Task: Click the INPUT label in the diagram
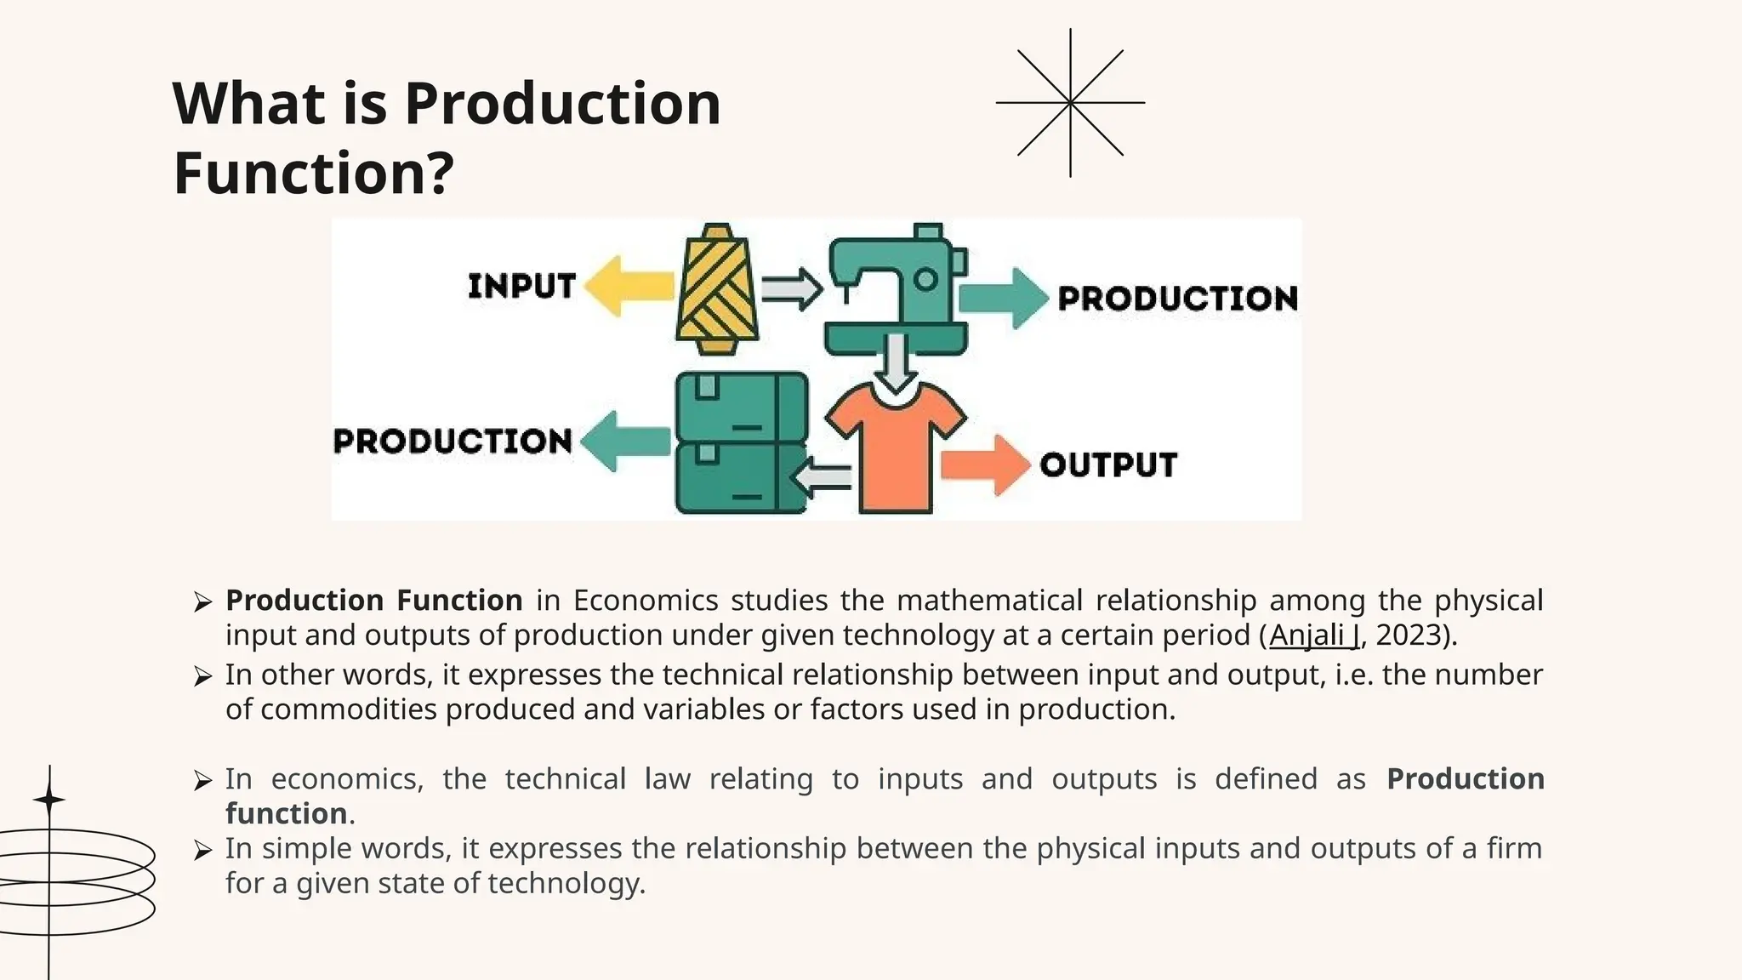(x=521, y=286)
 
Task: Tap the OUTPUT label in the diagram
(x=1108, y=464)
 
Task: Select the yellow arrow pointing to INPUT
(x=630, y=287)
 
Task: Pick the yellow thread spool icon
(x=717, y=289)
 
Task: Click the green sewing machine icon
(x=896, y=289)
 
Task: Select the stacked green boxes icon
(x=741, y=442)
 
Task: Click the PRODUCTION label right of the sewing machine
(x=1177, y=299)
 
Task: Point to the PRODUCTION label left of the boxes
(x=453, y=441)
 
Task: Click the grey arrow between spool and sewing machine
(x=791, y=290)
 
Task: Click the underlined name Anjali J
(x=1314, y=635)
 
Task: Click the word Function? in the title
(x=314, y=173)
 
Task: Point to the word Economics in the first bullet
(x=646, y=601)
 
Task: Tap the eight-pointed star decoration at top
(x=1070, y=103)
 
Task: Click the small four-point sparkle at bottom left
(x=49, y=800)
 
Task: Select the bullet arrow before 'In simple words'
(x=202, y=850)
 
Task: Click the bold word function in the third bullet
(x=286, y=814)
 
